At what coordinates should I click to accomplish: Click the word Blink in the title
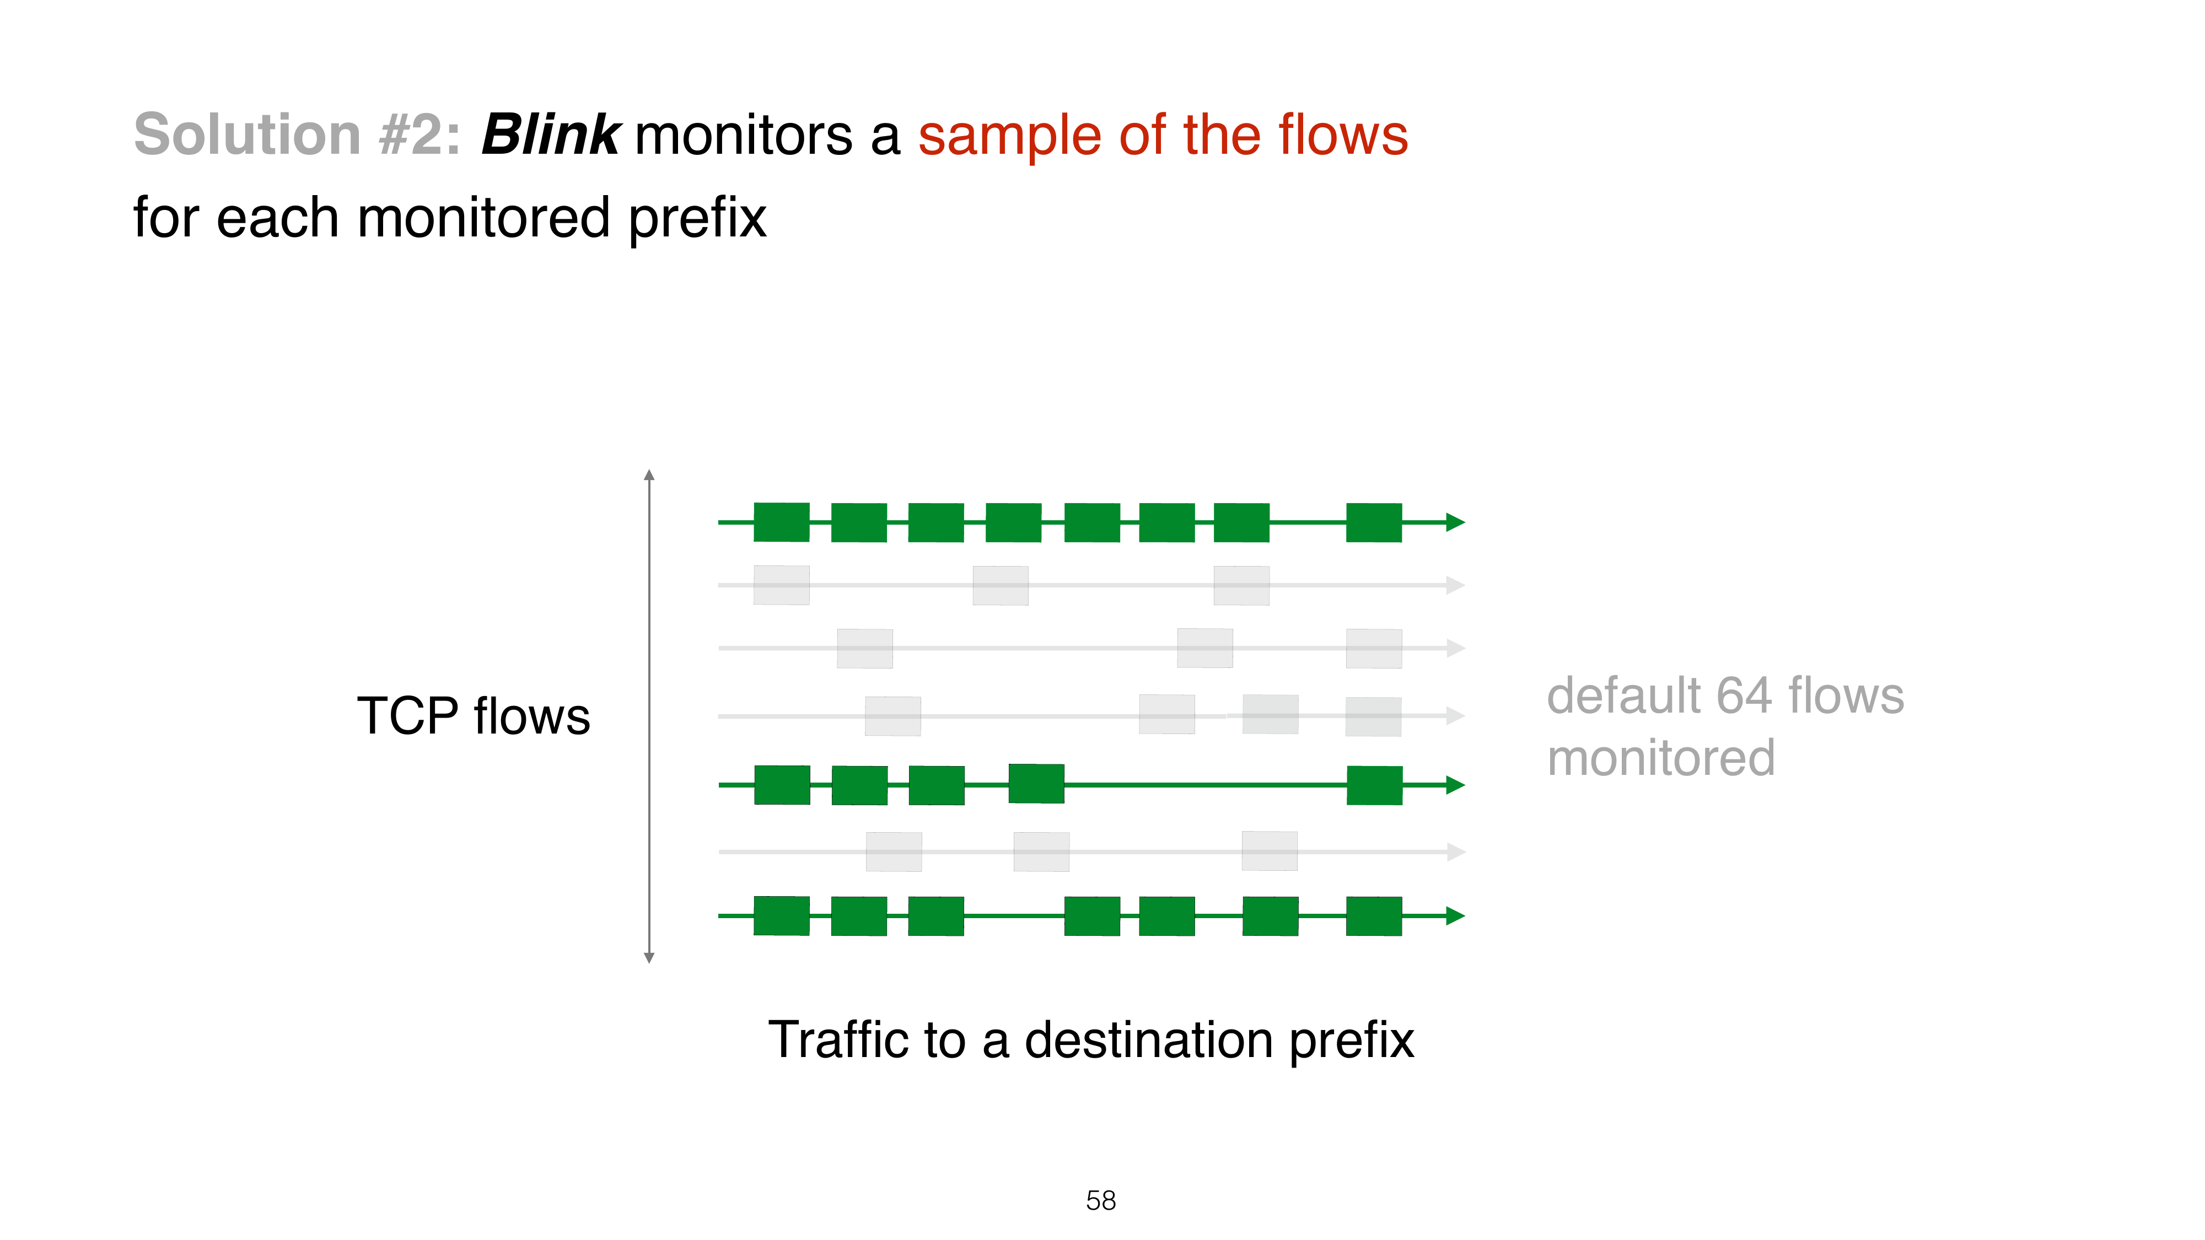click(x=550, y=134)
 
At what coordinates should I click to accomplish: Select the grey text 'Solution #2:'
click(x=297, y=134)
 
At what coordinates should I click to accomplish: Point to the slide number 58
click(x=1101, y=1201)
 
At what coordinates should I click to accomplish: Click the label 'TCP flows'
click(x=474, y=716)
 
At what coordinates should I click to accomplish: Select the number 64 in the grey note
click(x=1744, y=695)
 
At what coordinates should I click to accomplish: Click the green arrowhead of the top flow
click(x=1455, y=522)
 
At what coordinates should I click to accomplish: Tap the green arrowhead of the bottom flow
click(x=1455, y=915)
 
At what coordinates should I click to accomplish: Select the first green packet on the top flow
click(x=782, y=522)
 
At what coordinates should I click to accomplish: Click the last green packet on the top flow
click(x=1374, y=522)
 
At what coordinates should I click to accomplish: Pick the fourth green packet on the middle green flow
click(x=1036, y=784)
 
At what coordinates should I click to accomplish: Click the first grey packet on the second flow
click(x=782, y=585)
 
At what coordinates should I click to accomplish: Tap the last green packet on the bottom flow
click(x=1374, y=915)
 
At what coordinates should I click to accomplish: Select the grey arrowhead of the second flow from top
click(x=1455, y=585)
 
